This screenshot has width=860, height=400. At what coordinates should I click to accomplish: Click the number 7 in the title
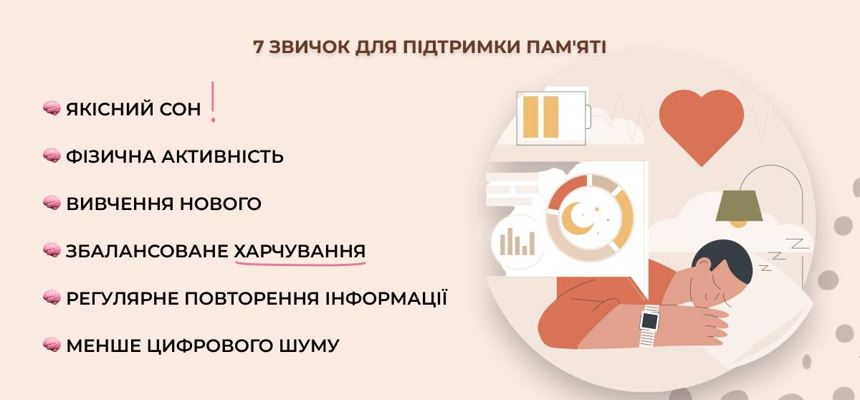pyautogui.click(x=259, y=47)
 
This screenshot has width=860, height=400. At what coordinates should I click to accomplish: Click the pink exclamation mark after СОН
pyautogui.click(x=213, y=102)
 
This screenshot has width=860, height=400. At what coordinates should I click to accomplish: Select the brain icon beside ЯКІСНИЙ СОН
pyautogui.click(x=52, y=108)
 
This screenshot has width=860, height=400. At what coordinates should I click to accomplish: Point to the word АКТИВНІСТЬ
pyautogui.click(x=222, y=156)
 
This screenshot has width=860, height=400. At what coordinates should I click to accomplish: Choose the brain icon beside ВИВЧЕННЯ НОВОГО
pyautogui.click(x=52, y=203)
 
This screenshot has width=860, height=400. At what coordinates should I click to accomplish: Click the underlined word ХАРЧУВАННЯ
pyautogui.click(x=300, y=251)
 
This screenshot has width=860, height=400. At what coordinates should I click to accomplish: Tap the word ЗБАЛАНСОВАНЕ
pyautogui.click(x=147, y=251)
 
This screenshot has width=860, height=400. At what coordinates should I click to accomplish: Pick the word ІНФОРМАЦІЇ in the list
pyautogui.click(x=386, y=298)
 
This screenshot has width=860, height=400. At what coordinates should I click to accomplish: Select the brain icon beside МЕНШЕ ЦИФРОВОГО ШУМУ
pyautogui.click(x=52, y=345)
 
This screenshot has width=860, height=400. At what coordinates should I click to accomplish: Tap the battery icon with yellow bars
pyautogui.click(x=553, y=118)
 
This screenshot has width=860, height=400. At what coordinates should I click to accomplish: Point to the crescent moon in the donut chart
pyautogui.click(x=577, y=218)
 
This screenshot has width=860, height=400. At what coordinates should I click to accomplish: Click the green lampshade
pyautogui.click(x=739, y=206)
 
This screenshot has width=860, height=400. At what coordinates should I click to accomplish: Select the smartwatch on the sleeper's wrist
pyautogui.click(x=649, y=325)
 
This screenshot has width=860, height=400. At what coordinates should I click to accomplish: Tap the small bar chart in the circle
pyautogui.click(x=517, y=242)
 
